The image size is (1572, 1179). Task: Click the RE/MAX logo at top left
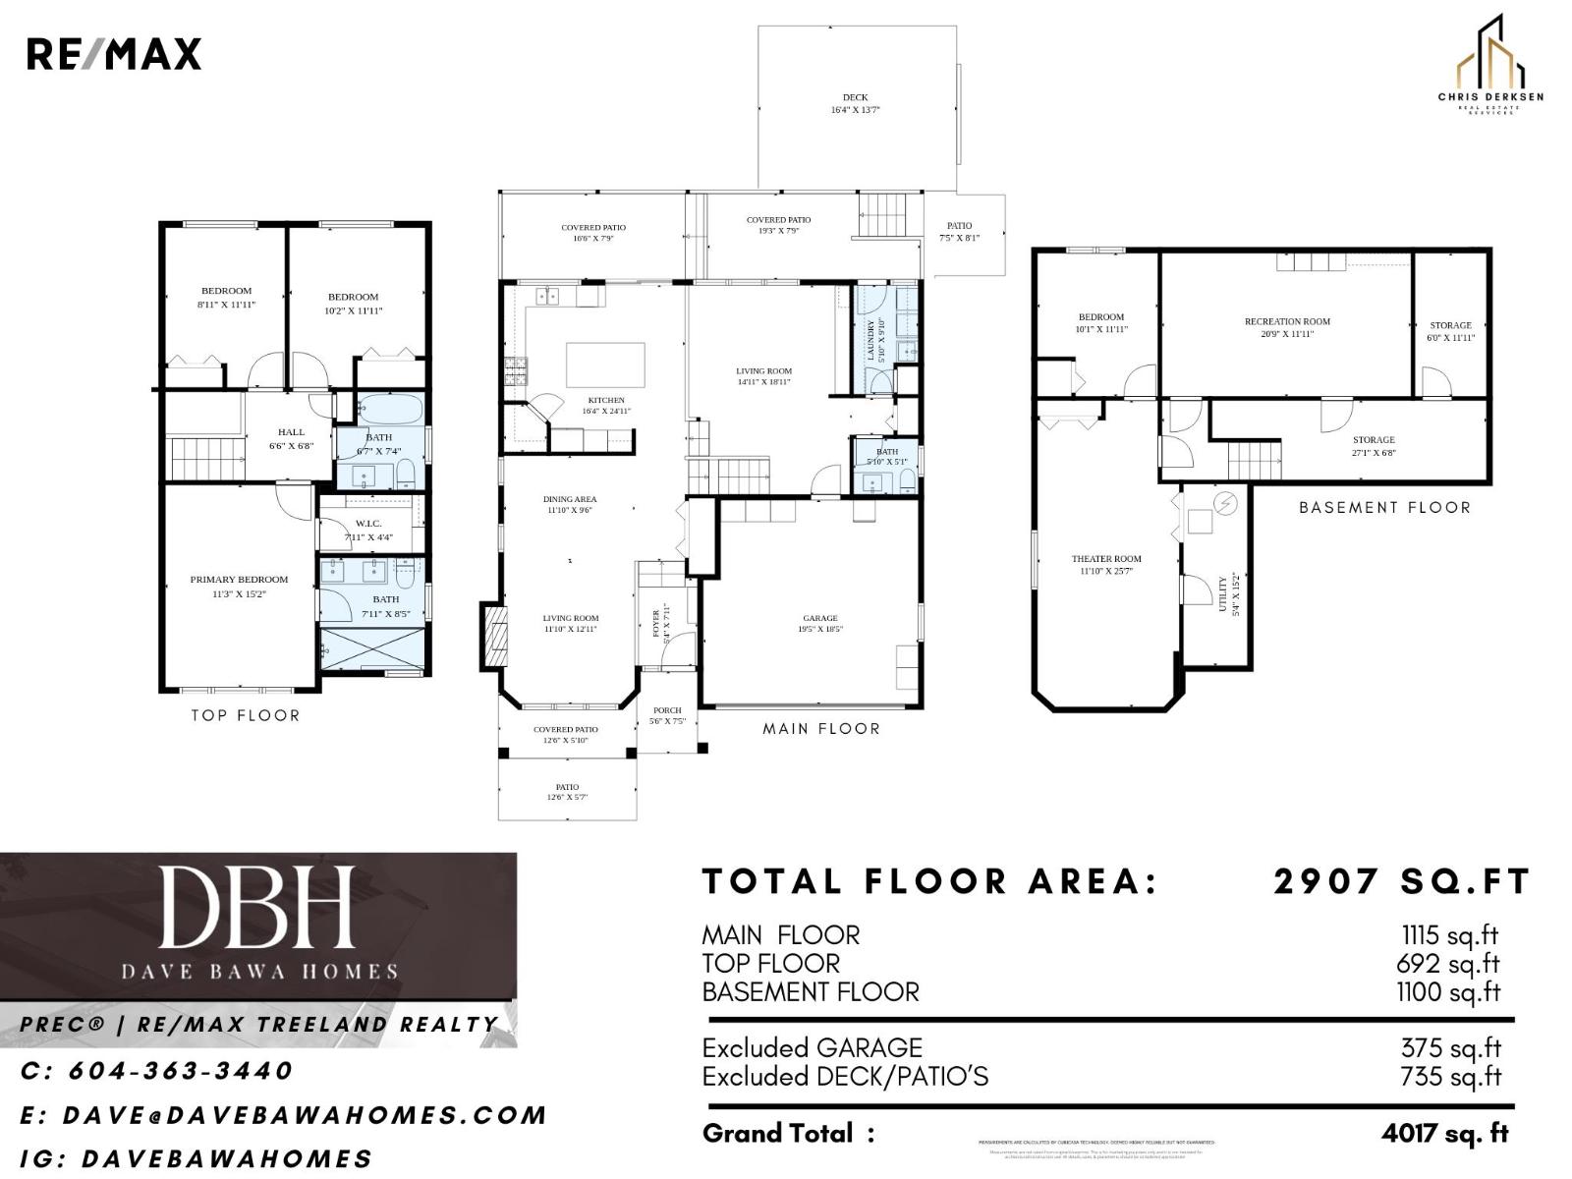click(113, 54)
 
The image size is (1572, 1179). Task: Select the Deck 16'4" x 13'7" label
click(855, 103)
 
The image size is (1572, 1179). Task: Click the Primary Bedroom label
click(239, 586)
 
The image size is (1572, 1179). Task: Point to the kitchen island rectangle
click(605, 365)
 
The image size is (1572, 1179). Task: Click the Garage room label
click(819, 623)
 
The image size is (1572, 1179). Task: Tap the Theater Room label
click(1106, 564)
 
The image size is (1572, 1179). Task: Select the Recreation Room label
click(1287, 327)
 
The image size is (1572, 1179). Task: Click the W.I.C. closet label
click(368, 530)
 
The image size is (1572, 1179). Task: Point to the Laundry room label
click(875, 340)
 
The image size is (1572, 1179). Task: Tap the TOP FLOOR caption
click(245, 715)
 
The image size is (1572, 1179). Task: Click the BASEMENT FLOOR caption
click(1384, 507)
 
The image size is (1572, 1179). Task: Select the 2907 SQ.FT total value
click(1401, 881)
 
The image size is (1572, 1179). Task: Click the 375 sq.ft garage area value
click(1450, 1047)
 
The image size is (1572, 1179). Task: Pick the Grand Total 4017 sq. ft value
click(1444, 1133)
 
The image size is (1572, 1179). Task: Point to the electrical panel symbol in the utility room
click(1226, 504)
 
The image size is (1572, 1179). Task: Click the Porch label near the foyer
click(667, 715)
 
